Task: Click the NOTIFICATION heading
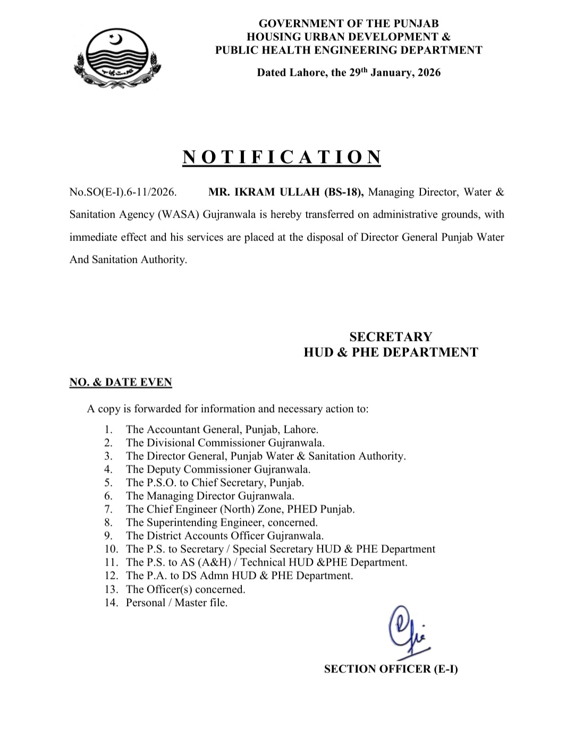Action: point(282,157)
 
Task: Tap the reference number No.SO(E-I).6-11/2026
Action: point(123,192)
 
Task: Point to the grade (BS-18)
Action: point(343,192)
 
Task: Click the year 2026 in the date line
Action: point(429,73)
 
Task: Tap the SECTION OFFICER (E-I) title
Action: point(391,669)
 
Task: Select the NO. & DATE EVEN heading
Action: point(121,382)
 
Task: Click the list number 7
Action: point(108,509)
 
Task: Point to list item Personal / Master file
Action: point(176,603)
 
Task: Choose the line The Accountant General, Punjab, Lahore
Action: point(222,430)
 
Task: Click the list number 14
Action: point(111,603)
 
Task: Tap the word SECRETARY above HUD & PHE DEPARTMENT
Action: point(391,337)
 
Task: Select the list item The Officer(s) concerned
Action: point(185,590)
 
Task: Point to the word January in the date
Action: point(390,73)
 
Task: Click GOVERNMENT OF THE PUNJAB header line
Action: point(349,23)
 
